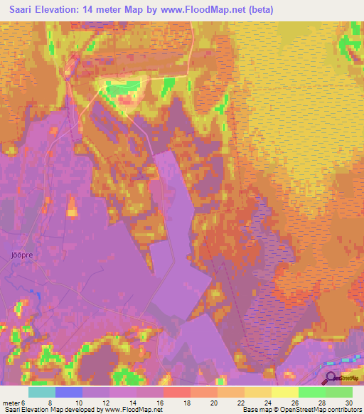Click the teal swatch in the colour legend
[42, 392]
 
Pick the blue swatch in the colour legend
[69, 392]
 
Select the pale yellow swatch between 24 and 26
[285, 392]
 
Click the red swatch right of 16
[177, 392]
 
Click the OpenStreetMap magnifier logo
[331, 378]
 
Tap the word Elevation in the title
[62, 11]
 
